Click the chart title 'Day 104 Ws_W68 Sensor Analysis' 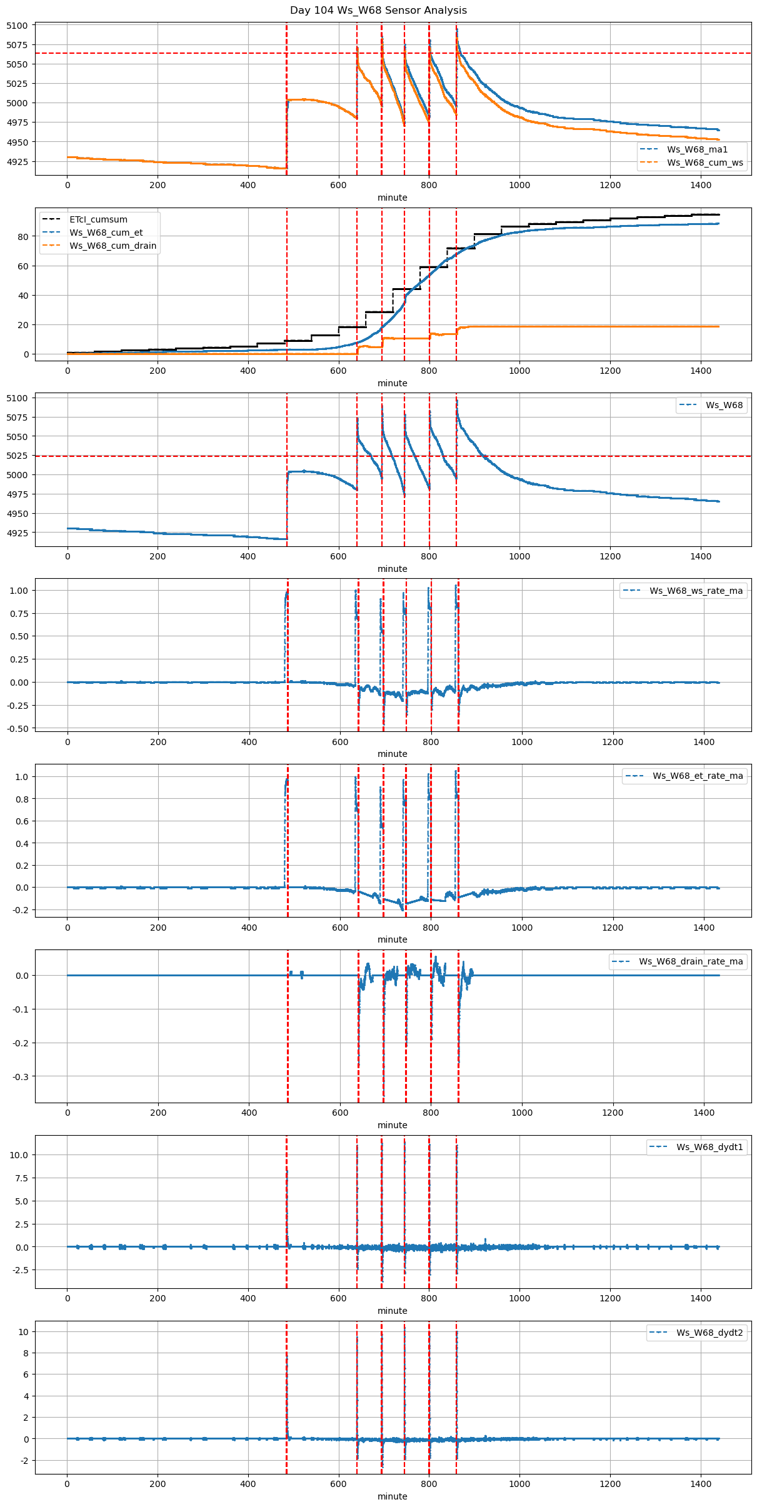tap(378, 11)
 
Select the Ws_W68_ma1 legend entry tap(697, 149)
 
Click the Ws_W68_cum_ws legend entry tap(704, 163)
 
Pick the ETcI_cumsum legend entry tap(98, 219)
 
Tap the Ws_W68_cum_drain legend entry tap(113, 246)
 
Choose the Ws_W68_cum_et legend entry tap(106, 233)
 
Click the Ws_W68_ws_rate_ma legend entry tap(696, 591)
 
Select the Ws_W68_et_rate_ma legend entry tap(698, 776)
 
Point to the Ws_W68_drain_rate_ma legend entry tap(691, 961)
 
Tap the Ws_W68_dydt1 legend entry tap(709, 1147)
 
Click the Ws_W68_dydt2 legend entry tap(709, 1333)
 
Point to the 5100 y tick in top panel tap(18, 26)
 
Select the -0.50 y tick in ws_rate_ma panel tap(18, 728)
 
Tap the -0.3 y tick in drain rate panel tap(21, 1077)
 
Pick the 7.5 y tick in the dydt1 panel tap(21, 1178)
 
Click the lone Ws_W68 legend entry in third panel tap(724, 405)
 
